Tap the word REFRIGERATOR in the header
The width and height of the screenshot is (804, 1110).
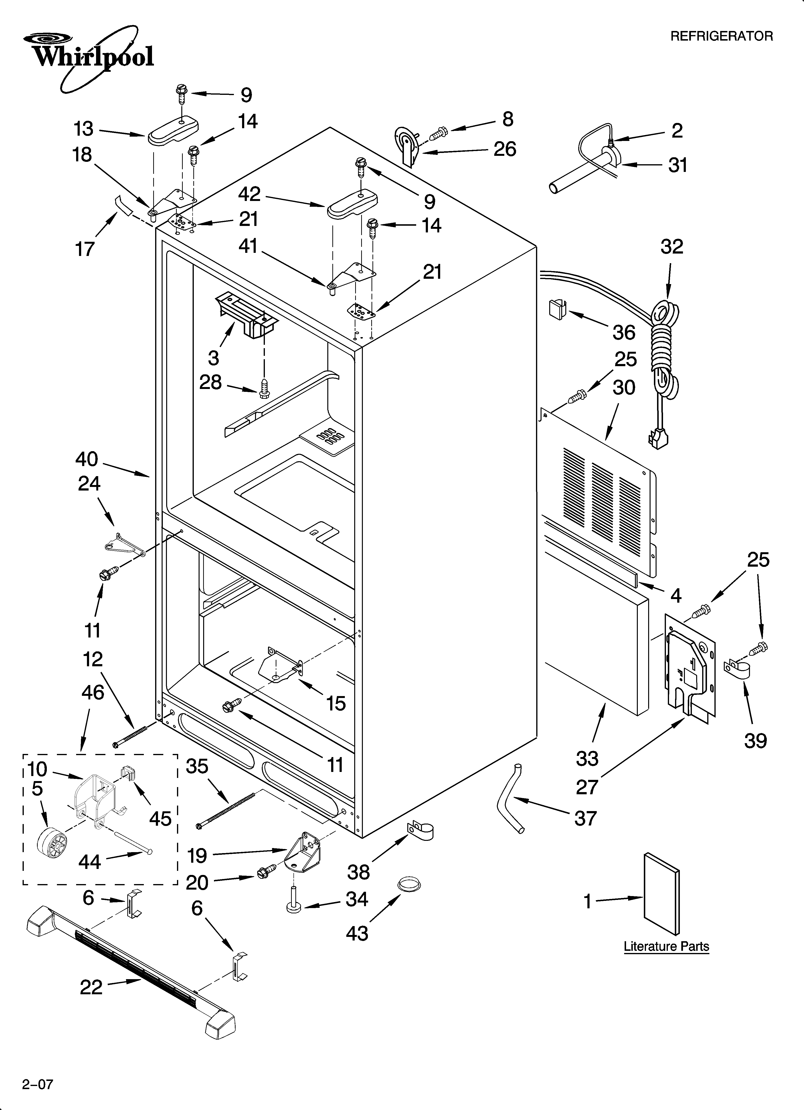(721, 36)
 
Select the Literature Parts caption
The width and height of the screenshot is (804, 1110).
(666, 946)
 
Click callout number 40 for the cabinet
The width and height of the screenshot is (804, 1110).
(87, 459)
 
